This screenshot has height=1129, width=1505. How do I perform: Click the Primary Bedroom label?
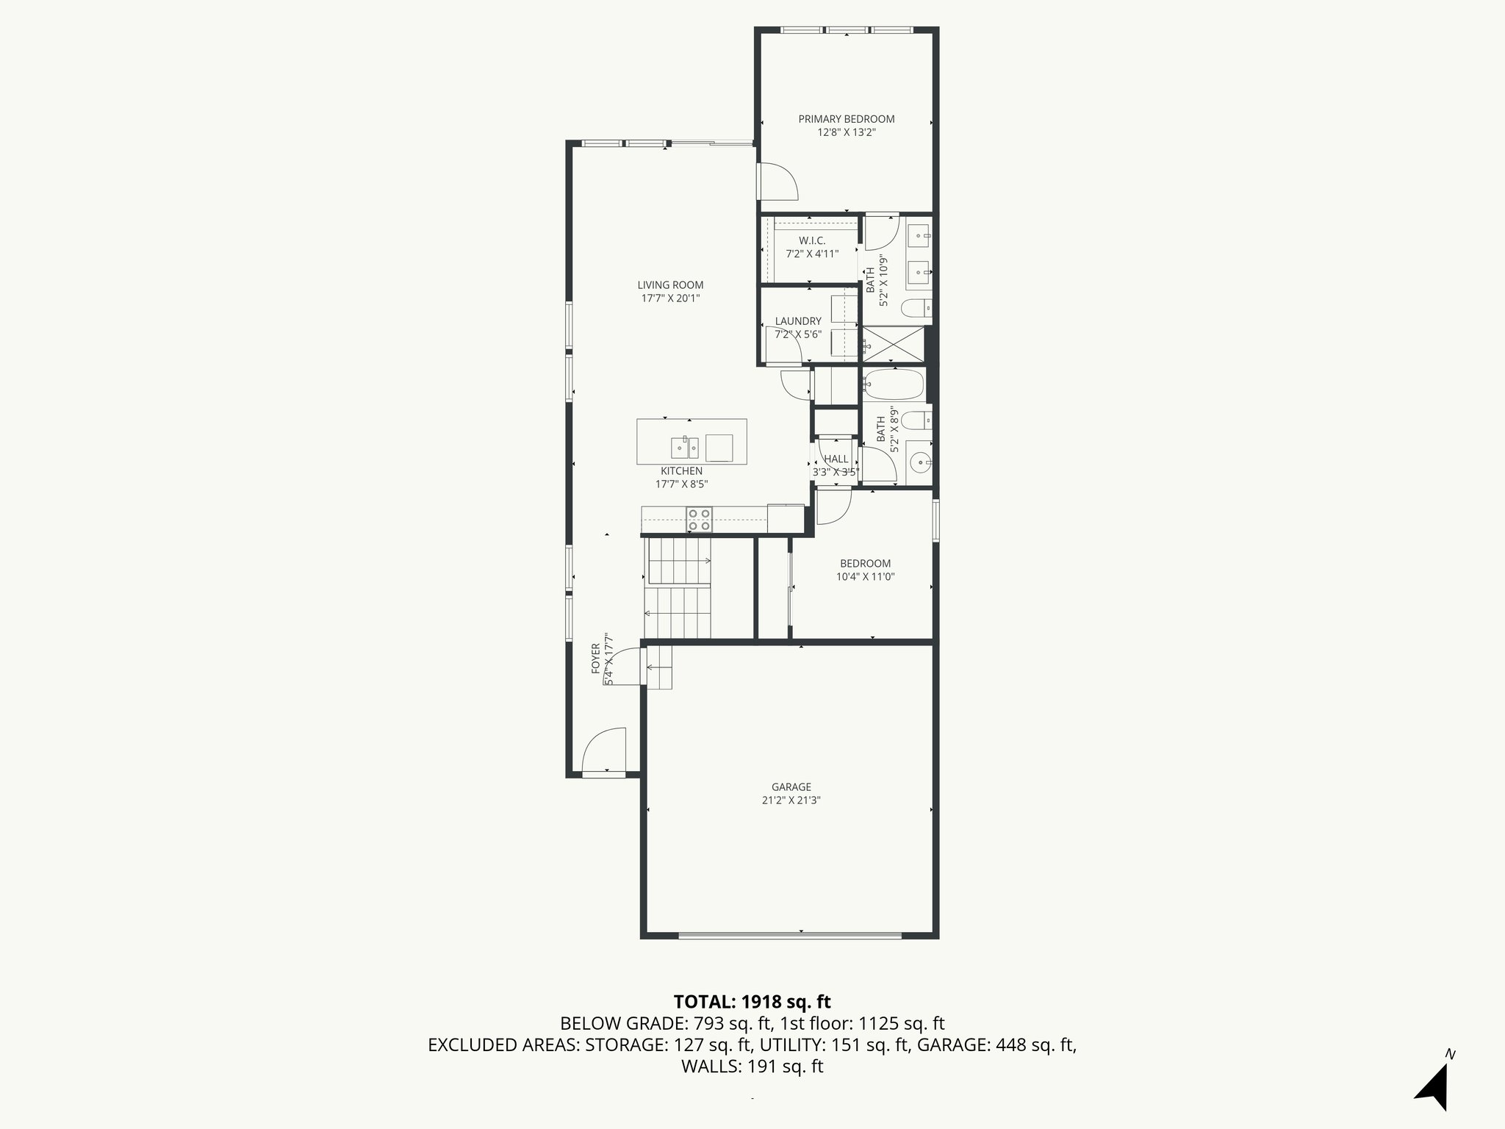846,119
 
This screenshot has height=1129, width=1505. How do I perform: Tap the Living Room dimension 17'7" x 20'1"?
670,298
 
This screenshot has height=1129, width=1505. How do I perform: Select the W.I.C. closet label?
811,241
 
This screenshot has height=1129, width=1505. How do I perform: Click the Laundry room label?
797,321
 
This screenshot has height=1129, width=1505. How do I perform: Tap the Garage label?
791,786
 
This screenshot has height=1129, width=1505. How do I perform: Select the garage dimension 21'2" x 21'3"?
791,800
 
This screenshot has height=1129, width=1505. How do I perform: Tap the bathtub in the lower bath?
893,384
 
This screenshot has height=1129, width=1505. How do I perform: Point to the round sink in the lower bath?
919,462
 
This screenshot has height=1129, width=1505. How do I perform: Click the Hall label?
836,459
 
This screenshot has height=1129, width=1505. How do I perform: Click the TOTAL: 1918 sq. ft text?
752,1001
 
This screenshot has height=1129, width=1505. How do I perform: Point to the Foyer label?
596,659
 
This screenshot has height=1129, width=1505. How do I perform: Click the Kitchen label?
681,471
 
